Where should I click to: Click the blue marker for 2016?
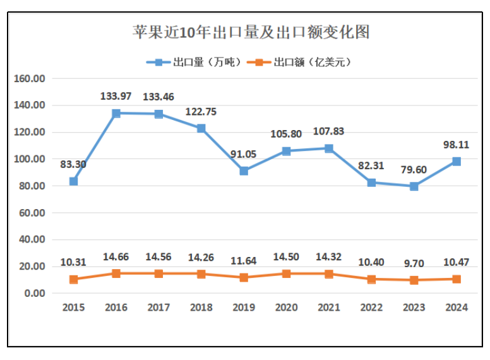116,114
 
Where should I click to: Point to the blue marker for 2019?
244,171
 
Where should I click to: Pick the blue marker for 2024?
457,162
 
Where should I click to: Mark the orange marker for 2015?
74,279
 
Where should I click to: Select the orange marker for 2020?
286,273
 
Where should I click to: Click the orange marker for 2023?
414,280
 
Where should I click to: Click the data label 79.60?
414,170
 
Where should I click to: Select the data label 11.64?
244,260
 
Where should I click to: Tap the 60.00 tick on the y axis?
32,213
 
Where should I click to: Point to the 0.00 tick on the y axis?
34,293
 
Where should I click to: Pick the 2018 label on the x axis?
201,308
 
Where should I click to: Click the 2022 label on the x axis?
371,308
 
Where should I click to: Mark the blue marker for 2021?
329,148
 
